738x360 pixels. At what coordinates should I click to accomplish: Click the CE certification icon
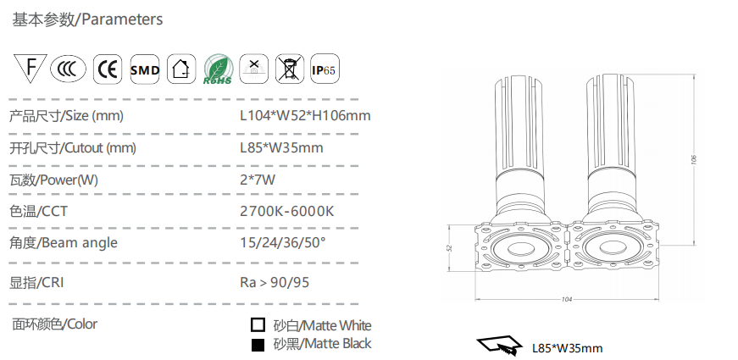pos(108,69)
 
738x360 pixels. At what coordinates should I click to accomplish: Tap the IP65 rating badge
pos(325,69)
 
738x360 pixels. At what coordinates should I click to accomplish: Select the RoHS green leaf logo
pos(218,69)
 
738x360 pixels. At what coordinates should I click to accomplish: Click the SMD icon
pos(145,69)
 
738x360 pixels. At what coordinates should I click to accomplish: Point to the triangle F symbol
pos(31,67)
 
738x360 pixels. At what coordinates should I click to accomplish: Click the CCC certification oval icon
pos(69,69)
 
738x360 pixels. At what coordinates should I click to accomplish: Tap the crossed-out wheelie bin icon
pos(290,69)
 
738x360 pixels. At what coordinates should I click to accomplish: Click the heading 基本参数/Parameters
pos(87,19)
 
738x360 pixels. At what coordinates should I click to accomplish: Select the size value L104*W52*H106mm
pos(305,115)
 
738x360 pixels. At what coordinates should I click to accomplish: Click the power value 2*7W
pos(258,180)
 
